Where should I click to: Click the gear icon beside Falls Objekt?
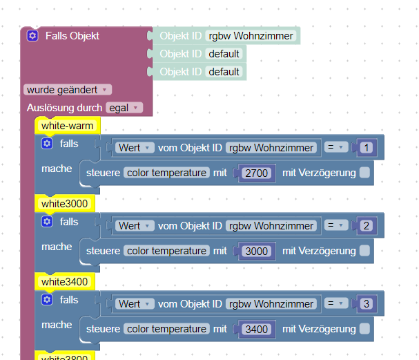coord(32,35)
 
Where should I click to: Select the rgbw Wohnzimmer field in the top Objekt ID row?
coord(251,36)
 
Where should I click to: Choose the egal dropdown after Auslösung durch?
coord(124,108)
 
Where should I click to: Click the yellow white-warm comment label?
coord(67,126)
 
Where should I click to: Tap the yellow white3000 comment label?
coord(64,204)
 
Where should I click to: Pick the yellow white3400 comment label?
coord(64,282)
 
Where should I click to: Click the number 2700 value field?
coord(257,173)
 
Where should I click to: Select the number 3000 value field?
coord(257,251)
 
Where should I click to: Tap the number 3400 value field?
coord(257,329)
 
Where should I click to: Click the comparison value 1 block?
coord(366,147)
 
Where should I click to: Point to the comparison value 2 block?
coord(366,225)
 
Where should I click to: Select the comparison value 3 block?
coord(366,303)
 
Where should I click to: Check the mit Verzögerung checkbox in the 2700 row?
coord(364,173)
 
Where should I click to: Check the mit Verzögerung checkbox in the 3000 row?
coord(364,251)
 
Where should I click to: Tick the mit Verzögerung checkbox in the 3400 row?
coord(364,329)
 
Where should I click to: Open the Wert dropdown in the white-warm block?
coord(135,147)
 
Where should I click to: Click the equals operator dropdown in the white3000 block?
coord(335,225)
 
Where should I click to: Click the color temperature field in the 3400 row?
coord(166,329)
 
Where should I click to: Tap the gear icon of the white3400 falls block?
coord(47,300)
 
